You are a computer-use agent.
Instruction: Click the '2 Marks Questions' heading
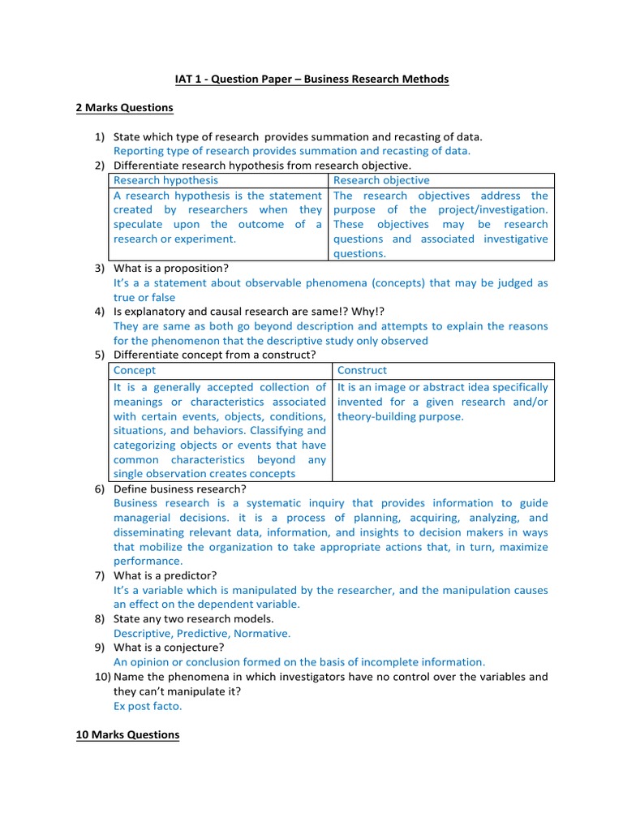coord(124,107)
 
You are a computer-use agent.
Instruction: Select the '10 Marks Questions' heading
coord(127,734)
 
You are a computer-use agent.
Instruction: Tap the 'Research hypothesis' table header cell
coord(165,180)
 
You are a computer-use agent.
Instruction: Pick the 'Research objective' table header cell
coord(381,180)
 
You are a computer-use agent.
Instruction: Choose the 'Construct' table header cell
coord(362,370)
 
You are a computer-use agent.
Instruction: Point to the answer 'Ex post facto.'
coord(148,706)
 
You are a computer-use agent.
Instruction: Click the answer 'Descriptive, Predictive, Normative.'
coord(202,633)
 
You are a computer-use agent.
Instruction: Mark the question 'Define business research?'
coord(179,489)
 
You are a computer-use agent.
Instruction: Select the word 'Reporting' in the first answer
coord(137,151)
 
